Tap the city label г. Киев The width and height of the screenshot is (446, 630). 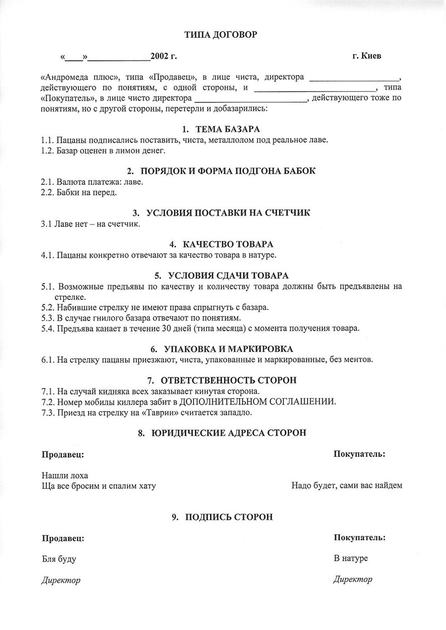point(366,56)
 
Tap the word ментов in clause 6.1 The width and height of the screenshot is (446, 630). point(358,360)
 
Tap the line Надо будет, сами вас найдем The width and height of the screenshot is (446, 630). point(347,486)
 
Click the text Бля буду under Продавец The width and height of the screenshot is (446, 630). point(59,559)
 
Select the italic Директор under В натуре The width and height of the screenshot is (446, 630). point(353,580)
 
